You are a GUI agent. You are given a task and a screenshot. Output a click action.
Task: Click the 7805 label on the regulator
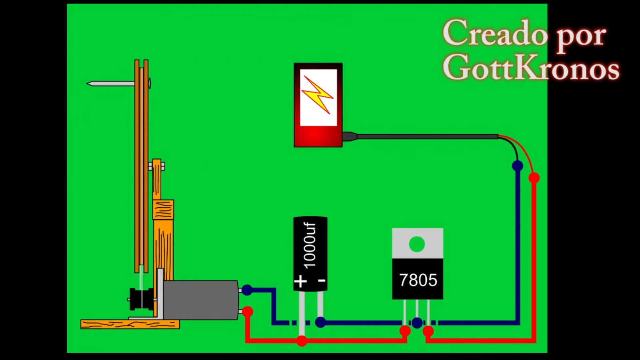[418, 280]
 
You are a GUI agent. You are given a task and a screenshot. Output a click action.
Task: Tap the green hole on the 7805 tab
[417, 244]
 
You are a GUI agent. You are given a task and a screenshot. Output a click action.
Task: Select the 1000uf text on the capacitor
[310, 246]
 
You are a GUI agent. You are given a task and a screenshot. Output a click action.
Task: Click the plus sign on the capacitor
[300, 282]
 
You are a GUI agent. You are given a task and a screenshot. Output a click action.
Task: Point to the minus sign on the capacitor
[322, 281]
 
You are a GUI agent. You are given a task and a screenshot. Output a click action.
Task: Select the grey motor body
[200, 300]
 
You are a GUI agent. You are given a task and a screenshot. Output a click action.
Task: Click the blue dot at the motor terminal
[247, 290]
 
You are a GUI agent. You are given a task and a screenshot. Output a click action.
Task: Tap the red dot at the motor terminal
[248, 311]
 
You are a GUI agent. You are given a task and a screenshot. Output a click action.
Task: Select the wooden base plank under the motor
[130, 324]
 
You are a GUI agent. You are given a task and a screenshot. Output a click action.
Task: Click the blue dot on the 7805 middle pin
[417, 322]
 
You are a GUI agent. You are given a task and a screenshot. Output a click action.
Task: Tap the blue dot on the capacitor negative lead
[320, 322]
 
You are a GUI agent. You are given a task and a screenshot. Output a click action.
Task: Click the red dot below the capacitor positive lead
[302, 341]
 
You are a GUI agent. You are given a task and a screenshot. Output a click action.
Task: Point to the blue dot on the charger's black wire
[517, 166]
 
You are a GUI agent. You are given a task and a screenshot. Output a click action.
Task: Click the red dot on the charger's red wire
[534, 178]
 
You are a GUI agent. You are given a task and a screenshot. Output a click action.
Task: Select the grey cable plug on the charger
[350, 136]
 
